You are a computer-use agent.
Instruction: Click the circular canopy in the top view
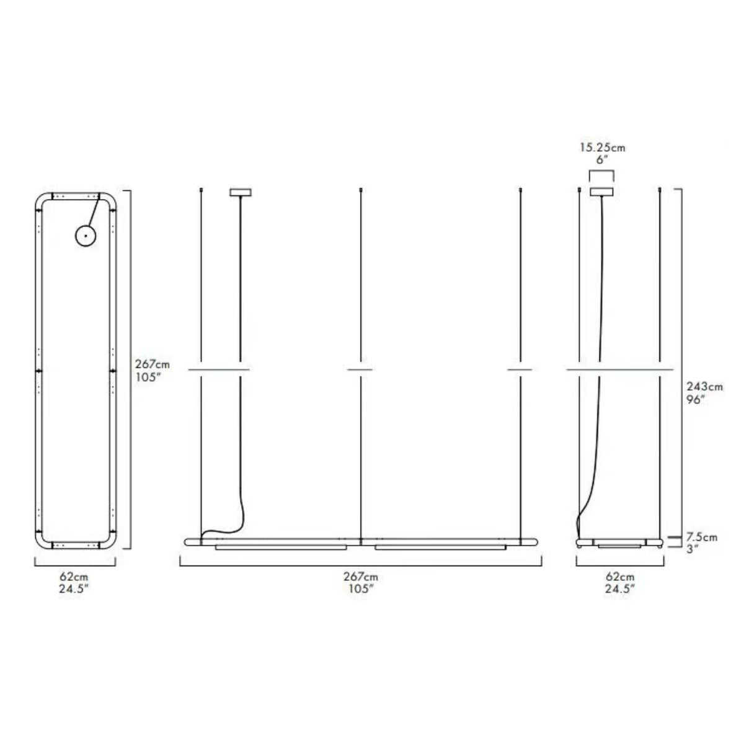click(x=86, y=236)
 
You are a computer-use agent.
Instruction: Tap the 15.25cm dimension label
click(x=603, y=148)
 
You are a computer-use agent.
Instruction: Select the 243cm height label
click(x=704, y=386)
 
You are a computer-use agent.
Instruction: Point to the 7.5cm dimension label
click(x=701, y=537)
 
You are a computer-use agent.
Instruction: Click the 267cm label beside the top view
click(x=152, y=364)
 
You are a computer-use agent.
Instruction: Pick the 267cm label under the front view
click(x=361, y=577)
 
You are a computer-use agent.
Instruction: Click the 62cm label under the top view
click(x=74, y=577)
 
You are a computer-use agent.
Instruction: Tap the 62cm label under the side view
click(x=620, y=577)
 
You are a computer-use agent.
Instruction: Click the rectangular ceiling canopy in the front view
click(x=241, y=192)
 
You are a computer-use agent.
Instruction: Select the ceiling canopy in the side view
click(x=601, y=192)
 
